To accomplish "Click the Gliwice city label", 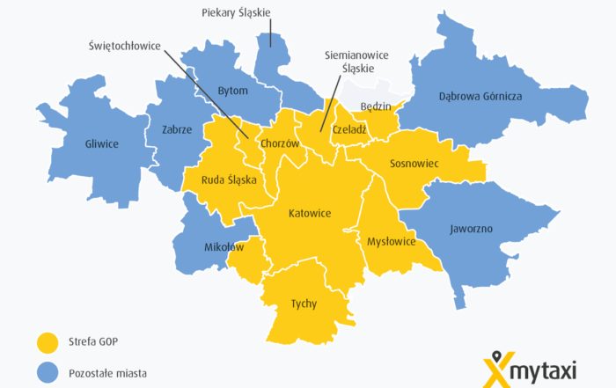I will click(x=101, y=143).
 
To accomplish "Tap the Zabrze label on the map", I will click(x=177, y=128).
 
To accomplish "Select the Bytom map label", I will click(x=233, y=91).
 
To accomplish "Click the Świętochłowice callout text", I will click(x=124, y=46).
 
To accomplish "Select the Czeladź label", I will click(x=349, y=129).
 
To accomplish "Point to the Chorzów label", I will click(x=281, y=143).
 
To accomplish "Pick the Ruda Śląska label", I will click(x=229, y=179).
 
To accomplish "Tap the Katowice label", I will click(x=310, y=213).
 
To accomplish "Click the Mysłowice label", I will click(x=391, y=240).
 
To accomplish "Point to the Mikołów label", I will click(x=223, y=247).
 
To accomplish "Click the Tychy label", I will click(x=304, y=304).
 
